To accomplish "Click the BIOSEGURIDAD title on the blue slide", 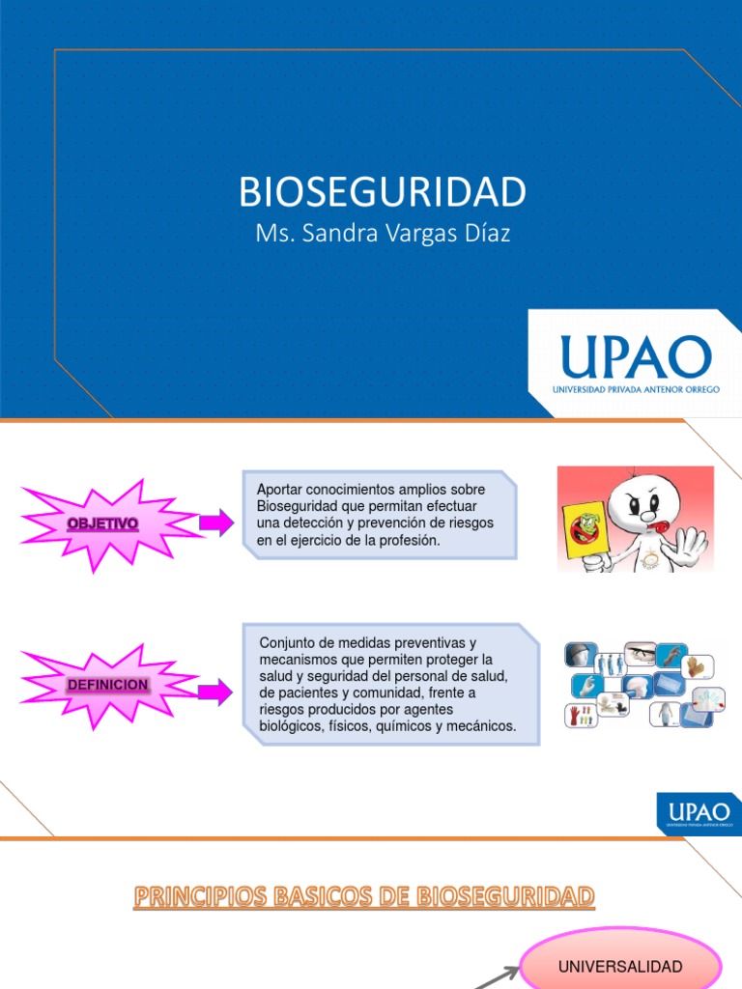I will click(x=383, y=192).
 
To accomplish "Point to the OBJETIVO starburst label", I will click(x=102, y=523).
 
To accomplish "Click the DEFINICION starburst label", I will click(x=107, y=685).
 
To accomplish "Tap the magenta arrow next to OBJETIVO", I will click(x=216, y=523).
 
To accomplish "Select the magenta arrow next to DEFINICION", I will click(x=215, y=691).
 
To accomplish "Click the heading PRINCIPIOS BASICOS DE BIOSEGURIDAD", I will click(x=363, y=898).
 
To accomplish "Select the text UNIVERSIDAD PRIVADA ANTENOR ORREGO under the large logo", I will click(x=636, y=389).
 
